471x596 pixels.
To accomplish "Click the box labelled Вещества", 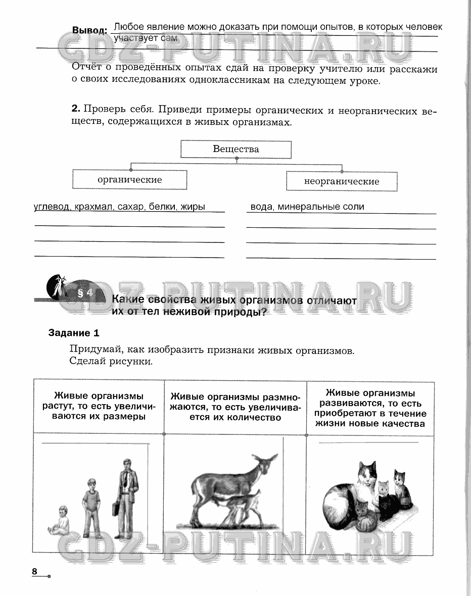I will click(x=236, y=150).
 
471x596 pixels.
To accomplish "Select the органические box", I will click(x=129, y=180).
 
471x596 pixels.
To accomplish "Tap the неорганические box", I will click(x=342, y=181).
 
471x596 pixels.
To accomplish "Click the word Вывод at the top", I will click(x=89, y=30).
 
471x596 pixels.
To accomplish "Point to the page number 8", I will click(x=35, y=571).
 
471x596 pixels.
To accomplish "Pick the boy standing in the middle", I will click(x=92, y=505).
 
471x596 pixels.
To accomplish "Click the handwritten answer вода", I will click(x=261, y=207).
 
